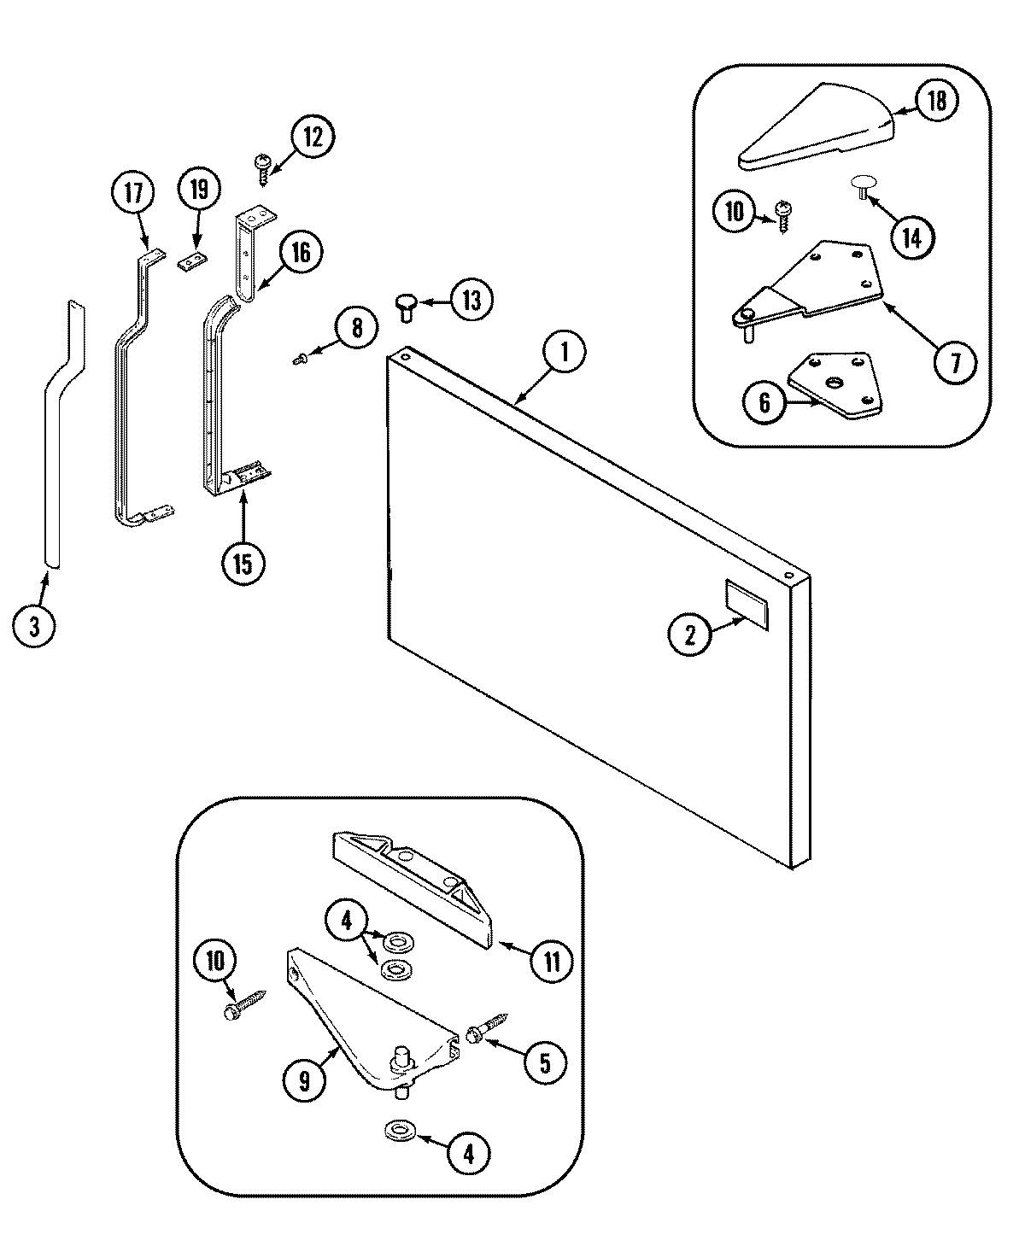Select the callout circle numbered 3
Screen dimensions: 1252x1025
pos(34,627)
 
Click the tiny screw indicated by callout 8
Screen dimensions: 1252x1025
pos(300,361)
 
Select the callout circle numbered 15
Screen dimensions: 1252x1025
pos(243,564)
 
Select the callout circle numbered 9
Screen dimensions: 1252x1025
pos(306,1081)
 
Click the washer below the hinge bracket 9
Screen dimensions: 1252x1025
pos(397,1132)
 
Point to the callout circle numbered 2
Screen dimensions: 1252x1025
pos(690,634)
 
